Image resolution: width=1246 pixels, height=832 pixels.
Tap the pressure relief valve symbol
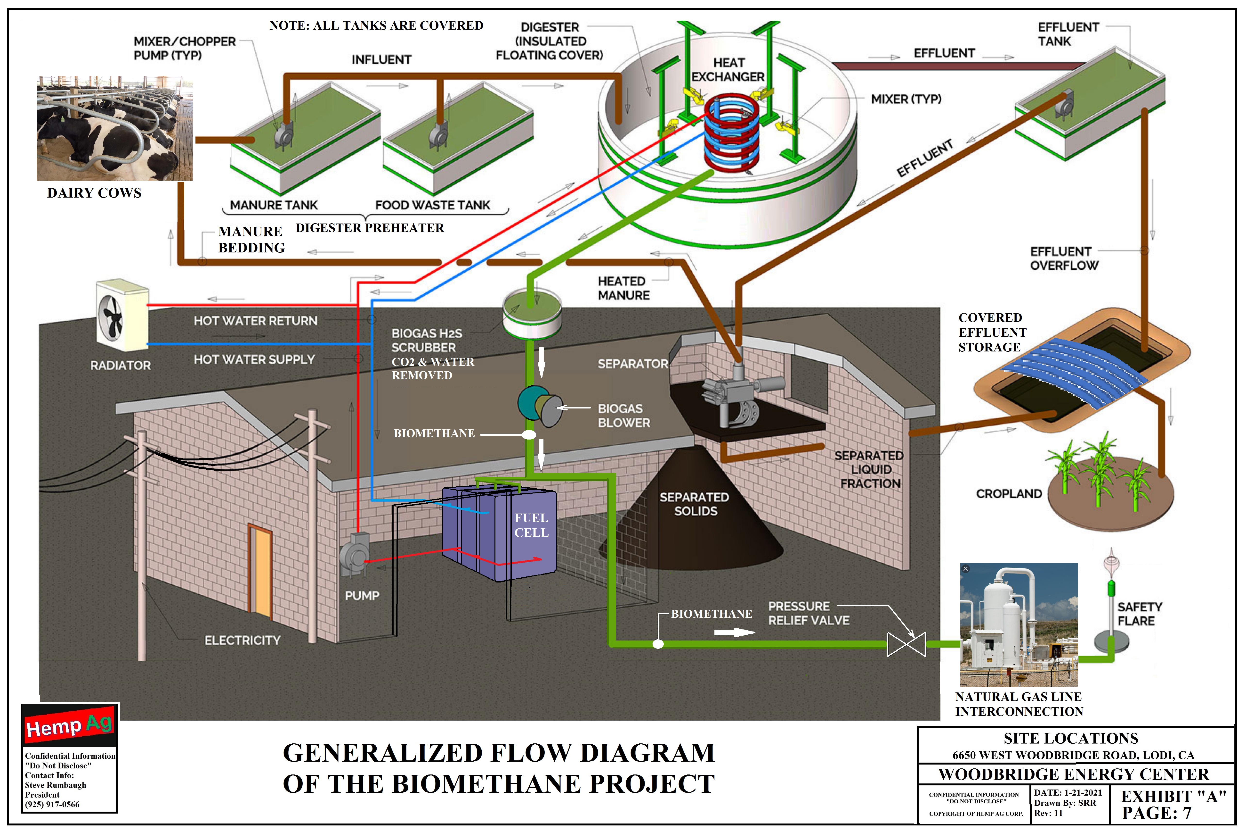[x=906, y=644]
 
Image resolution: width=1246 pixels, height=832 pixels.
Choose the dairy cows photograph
[x=114, y=128]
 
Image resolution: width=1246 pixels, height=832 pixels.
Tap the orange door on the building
[x=260, y=570]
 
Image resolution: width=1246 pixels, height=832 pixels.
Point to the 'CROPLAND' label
[x=1009, y=494]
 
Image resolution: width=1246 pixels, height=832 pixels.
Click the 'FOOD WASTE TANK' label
[x=433, y=205]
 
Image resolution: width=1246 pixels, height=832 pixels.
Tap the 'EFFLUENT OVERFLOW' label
[x=1064, y=258]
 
